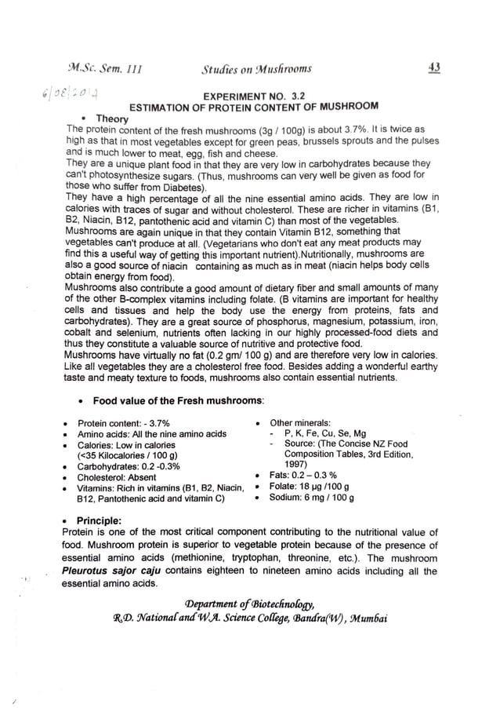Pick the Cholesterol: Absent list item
pos(116,476)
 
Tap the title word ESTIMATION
pos(163,105)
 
